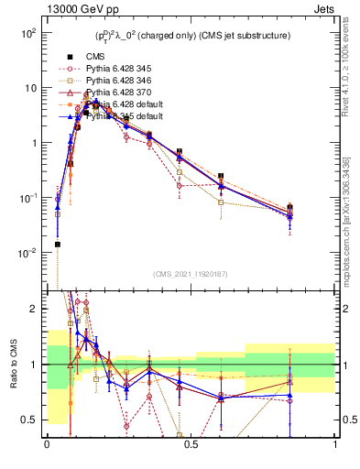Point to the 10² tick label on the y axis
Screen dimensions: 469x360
[x=27, y=33]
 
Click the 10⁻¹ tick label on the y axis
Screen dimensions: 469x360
[x=27, y=198]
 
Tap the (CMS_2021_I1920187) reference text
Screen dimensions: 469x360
[x=190, y=274]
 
